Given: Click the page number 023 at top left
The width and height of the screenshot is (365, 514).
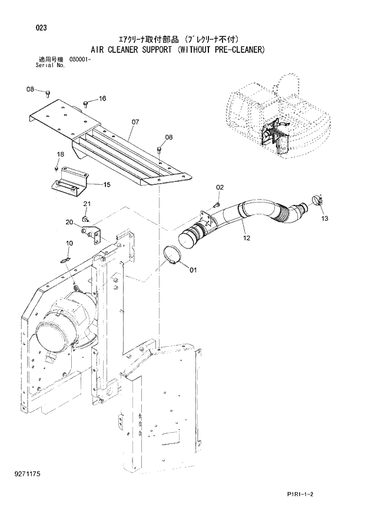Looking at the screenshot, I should click(x=41, y=28).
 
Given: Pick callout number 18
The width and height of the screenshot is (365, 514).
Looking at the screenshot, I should click(x=59, y=154).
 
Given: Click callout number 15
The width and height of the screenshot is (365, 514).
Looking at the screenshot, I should click(x=107, y=184).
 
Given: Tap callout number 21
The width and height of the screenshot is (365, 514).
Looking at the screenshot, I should click(x=87, y=204).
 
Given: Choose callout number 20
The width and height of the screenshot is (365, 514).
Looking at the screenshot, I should click(x=69, y=222).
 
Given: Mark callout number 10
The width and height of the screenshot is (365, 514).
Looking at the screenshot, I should click(x=69, y=243).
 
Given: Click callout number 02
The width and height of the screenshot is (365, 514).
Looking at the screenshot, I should click(x=220, y=187).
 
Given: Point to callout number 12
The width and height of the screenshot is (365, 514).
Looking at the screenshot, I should click(x=246, y=238).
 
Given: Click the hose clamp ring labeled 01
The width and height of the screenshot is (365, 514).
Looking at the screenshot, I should click(x=172, y=257).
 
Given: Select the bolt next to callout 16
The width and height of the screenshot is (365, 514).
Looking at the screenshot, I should click(x=87, y=104).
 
